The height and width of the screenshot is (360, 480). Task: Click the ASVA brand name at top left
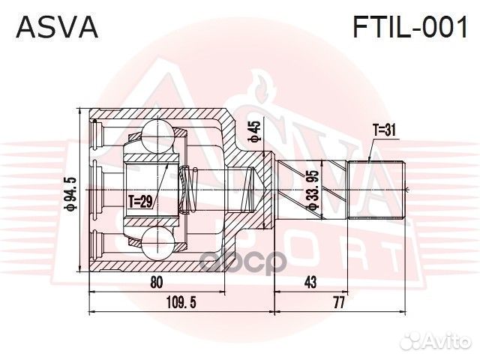pyautogui.click(x=57, y=27)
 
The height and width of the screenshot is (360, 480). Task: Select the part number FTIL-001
pyautogui.click(x=410, y=27)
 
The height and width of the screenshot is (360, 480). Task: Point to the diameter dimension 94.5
pyautogui.click(x=69, y=193)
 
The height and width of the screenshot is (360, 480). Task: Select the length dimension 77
pyautogui.click(x=339, y=303)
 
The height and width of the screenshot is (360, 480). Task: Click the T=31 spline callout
pyautogui.click(x=383, y=130)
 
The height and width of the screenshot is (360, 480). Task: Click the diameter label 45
pyautogui.click(x=255, y=130)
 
